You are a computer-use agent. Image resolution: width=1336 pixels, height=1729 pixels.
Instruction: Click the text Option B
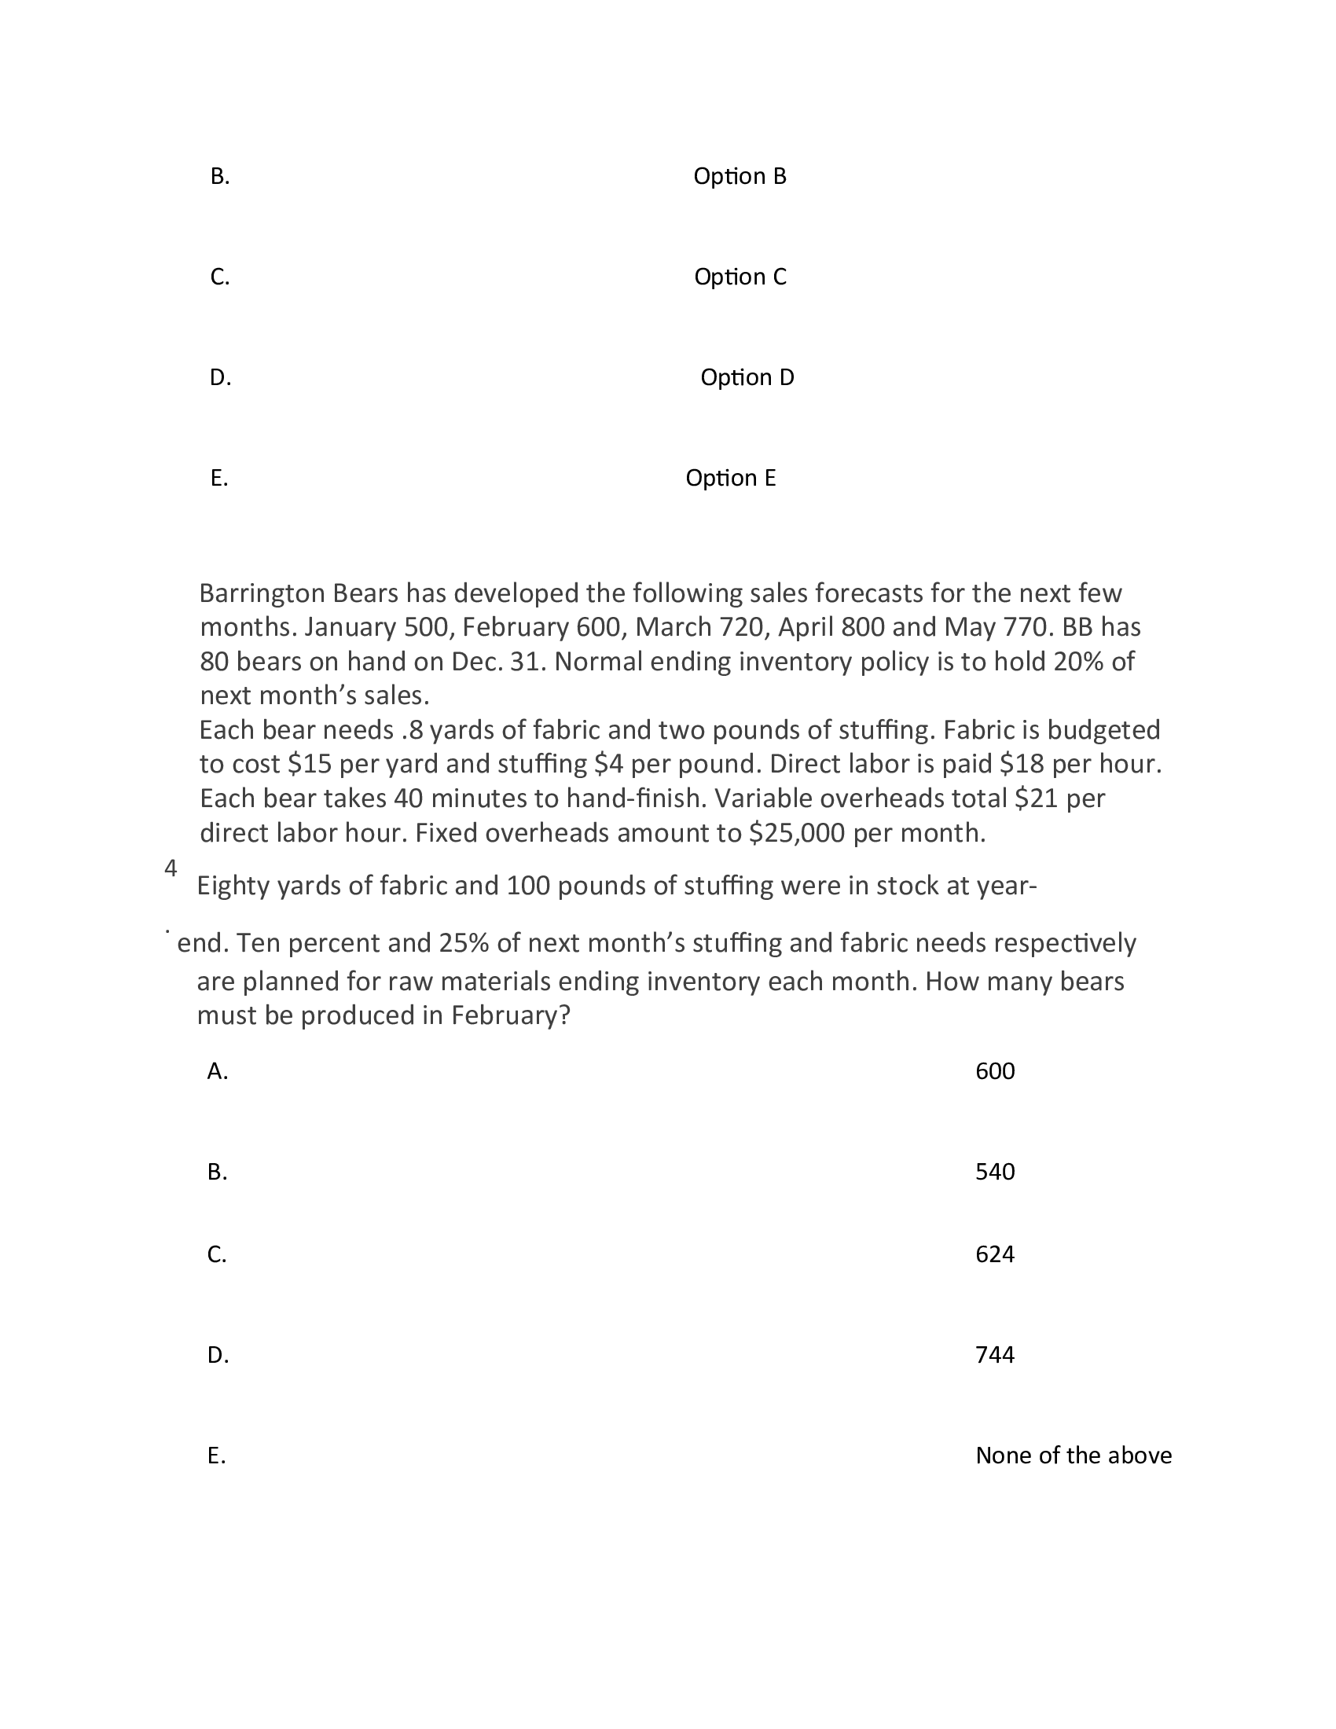[x=740, y=177]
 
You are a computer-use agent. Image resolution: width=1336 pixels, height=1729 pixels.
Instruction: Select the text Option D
[x=747, y=377]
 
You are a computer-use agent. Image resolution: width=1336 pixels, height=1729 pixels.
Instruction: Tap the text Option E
[x=730, y=478]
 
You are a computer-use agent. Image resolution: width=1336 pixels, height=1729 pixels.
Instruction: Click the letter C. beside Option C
[x=219, y=277]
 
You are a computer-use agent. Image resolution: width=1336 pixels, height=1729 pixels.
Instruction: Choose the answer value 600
[x=994, y=1071]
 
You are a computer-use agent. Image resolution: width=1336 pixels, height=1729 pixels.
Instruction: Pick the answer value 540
[x=994, y=1172]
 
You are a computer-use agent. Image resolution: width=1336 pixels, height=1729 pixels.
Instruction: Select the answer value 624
[x=994, y=1254]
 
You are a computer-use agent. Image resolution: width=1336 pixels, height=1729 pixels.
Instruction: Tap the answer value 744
[x=994, y=1355]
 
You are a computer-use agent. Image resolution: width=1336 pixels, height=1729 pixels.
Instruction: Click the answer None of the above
[x=1073, y=1455]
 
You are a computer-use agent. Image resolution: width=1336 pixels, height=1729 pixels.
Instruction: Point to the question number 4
[x=171, y=868]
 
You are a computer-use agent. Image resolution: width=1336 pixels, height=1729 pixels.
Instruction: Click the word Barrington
[x=261, y=593]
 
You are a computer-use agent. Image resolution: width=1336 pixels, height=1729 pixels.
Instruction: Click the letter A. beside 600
[x=217, y=1071]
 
